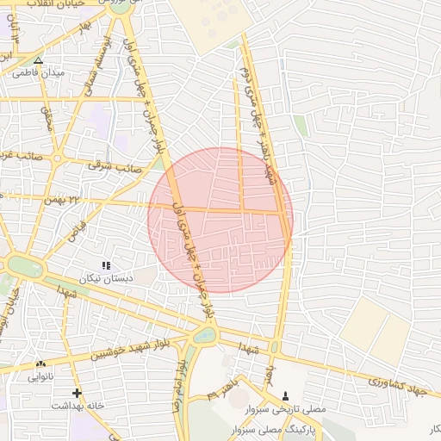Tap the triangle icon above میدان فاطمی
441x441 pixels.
pos(38,60)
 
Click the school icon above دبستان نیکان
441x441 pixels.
pos(106,265)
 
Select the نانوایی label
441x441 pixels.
pos(42,376)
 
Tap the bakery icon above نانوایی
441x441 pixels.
pos(41,364)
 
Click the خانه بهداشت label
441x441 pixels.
pos(78,405)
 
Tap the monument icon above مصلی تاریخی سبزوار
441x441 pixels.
pos(286,395)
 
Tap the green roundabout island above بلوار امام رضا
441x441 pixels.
pos(204,337)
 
